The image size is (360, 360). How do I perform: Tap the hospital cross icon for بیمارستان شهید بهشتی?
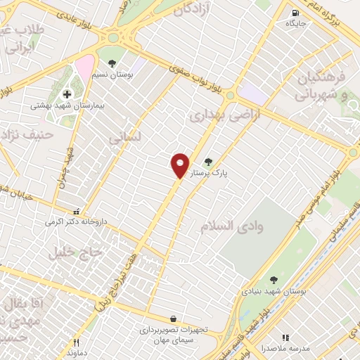pyautogui.click(x=67, y=94)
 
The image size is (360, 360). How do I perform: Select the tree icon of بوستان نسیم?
pyautogui.click(x=112, y=64)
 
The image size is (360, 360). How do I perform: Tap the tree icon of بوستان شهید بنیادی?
pyautogui.click(x=274, y=280)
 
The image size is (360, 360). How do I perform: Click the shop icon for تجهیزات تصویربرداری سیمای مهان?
pyautogui.click(x=173, y=319)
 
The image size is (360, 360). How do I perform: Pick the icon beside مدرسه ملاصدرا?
pyautogui.click(x=285, y=338)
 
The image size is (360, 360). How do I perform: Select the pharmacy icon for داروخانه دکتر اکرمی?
pyautogui.click(x=77, y=211)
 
